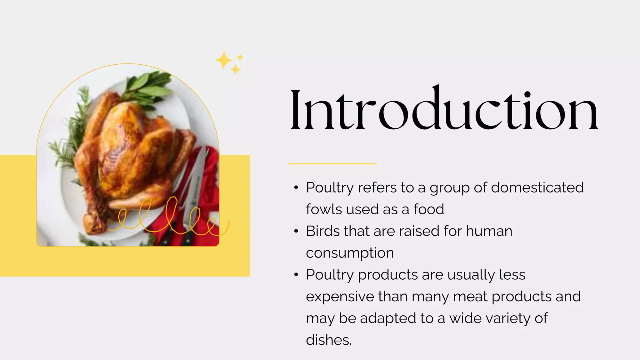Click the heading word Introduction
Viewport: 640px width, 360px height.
click(444, 109)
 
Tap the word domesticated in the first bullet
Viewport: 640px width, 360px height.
click(537, 187)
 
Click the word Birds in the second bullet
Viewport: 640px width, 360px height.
click(322, 231)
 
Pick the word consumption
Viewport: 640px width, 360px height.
click(350, 253)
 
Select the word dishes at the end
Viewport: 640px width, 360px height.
click(328, 340)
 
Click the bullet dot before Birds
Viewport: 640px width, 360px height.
click(296, 232)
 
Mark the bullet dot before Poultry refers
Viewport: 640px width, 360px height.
click(296, 188)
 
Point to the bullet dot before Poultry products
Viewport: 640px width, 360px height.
click(296, 275)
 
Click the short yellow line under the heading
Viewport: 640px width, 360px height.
click(332, 163)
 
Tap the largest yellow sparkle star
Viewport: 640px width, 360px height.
click(223, 60)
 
